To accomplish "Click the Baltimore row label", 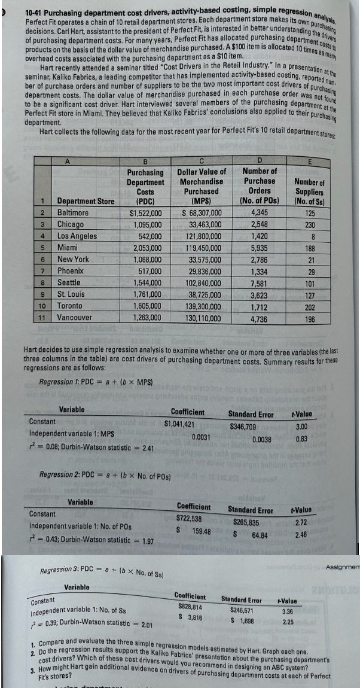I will coord(73,212).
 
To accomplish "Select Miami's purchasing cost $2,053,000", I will coord(142,247).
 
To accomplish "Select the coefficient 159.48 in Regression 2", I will coord(198,531).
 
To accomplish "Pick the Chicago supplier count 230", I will coord(309,224).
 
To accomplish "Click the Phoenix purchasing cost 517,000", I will coord(146,270).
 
